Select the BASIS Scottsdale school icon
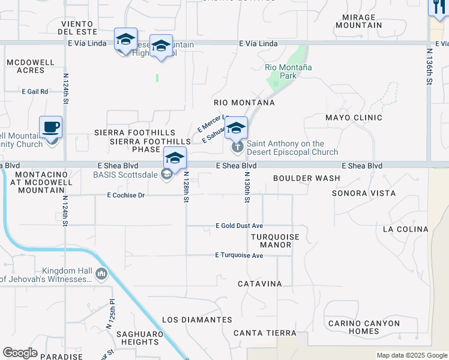point(167,174)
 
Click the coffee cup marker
point(51,127)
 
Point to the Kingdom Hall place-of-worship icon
point(101,275)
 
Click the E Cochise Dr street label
point(126,195)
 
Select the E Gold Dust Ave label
point(240,226)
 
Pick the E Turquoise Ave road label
point(239,256)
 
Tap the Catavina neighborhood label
point(259,283)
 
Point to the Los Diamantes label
point(197,320)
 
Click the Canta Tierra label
point(265,333)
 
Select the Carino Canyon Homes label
point(364,327)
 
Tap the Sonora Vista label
point(364,193)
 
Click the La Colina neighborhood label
point(405,229)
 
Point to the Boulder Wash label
point(306,178)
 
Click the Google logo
point(20,353)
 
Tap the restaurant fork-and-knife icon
point(437,8)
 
